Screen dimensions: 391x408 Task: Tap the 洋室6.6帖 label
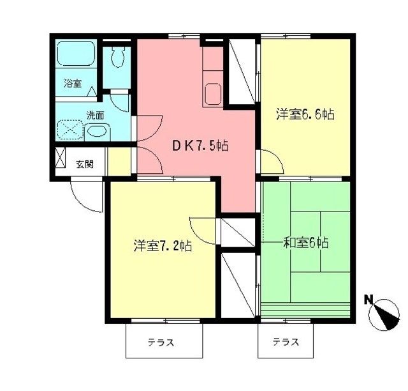(305, 115)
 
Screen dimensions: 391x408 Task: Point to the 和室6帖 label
(306, 243)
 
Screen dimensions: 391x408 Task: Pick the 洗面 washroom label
(96, 116)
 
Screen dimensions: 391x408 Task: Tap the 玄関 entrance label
(85, 164)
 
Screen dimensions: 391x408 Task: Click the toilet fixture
(117, 59)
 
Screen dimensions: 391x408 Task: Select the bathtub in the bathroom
(75, 58)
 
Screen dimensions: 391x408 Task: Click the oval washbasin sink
(98, 132)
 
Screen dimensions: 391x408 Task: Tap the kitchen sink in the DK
(213, 95)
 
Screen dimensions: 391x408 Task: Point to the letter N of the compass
(368, 299)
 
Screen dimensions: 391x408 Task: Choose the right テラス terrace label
(286, 342)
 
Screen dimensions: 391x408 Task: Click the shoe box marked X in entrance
(61, 158)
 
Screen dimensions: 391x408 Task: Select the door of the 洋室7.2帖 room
(204, 227)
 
